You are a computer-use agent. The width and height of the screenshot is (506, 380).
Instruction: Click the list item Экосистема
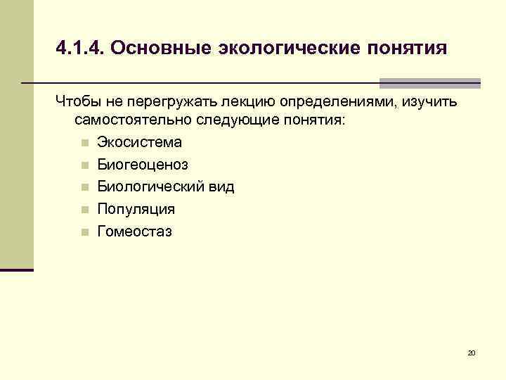click(139, 142)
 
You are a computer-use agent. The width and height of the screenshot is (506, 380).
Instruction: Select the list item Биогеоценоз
click(143, 165)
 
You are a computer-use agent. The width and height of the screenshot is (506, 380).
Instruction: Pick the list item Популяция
click(136, 209)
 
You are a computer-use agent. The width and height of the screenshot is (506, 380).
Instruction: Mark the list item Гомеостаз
click(134, 231)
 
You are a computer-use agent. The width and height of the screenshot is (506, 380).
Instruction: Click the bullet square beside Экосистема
click(84, 143)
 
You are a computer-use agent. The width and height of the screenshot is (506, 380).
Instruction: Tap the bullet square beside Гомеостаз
click(84, 232)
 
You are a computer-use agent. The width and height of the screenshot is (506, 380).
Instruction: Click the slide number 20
click(472, 352)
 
